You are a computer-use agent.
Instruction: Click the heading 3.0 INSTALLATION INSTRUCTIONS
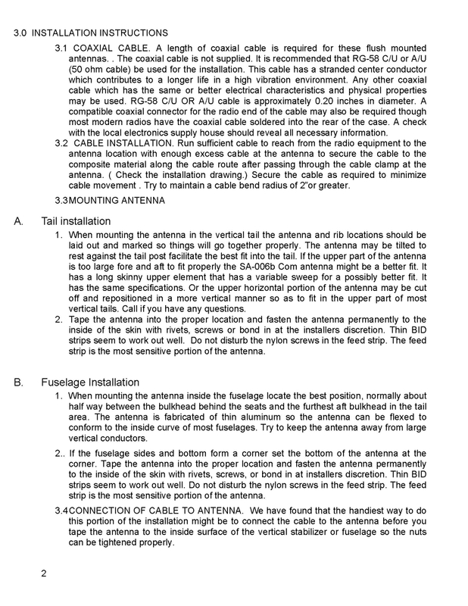coord(92,33)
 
